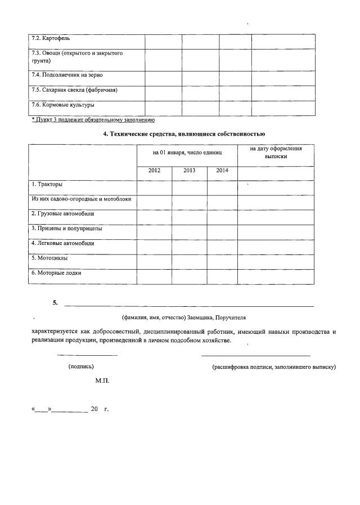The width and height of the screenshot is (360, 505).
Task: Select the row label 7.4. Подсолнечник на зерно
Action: point(66,75)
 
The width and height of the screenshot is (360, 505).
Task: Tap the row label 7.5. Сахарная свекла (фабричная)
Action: point(74,90)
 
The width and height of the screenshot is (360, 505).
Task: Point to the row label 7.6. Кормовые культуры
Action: point(62,105)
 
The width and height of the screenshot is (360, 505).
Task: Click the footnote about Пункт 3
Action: point(93,120)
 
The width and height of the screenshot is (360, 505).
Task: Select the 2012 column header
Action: point(154,170)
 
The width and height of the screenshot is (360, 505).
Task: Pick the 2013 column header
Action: point(189,170)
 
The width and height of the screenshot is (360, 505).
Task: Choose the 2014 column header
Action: point(222,170)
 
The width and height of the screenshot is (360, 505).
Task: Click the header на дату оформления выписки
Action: point(276,152)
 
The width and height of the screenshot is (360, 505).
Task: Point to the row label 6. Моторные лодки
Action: point(56,272)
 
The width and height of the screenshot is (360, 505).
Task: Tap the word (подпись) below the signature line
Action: point(81,367)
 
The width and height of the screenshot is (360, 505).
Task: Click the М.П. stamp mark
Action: point(102,381)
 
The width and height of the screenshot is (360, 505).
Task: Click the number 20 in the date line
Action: point(94,409)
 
